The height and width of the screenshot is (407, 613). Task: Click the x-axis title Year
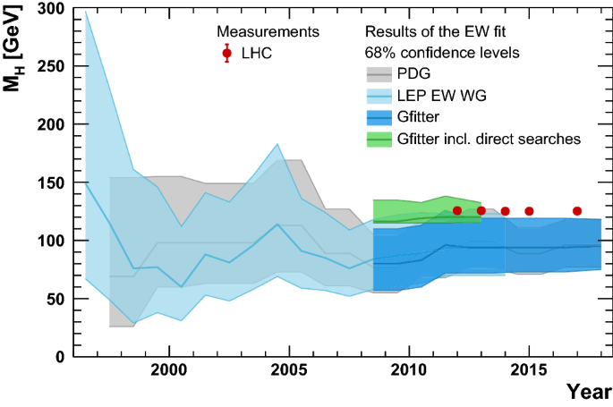pos(588,392)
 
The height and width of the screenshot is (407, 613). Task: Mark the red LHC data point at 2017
pos(577,211)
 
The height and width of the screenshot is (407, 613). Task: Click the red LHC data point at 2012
pos(457,211)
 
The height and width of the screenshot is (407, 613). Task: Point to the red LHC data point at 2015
pos(529,211)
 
